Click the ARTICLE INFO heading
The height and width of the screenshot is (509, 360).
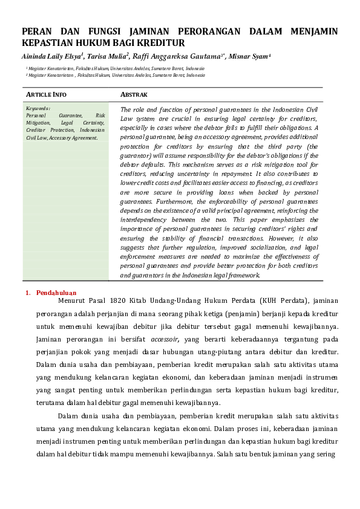(x=46, y=95)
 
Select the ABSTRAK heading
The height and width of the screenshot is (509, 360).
(x=134, y=95)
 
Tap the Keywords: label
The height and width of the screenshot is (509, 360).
(x=38, y=108)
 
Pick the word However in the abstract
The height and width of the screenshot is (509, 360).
(x=282, y=238)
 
